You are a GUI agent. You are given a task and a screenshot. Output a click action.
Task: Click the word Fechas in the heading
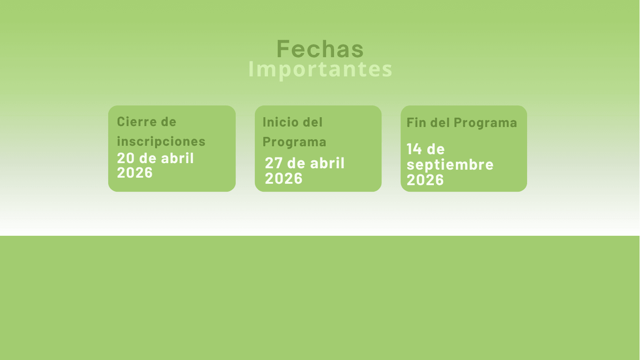(320, 49)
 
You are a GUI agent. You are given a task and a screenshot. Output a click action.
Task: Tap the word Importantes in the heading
(320, 70)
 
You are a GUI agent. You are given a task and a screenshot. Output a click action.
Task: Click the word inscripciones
(161, 141)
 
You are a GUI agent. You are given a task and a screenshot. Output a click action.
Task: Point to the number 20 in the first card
(126, 158)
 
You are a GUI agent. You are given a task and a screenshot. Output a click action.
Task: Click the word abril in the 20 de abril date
(178, 158)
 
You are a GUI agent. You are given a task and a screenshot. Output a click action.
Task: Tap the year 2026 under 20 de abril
(134, 172)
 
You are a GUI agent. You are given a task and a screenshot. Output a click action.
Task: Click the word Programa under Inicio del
(294, 142)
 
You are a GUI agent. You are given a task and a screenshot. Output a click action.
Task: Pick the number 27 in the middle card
(274, 163)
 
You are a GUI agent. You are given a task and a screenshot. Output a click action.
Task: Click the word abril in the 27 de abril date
(327, 163)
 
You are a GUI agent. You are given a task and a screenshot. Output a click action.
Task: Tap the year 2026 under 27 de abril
(283, 179)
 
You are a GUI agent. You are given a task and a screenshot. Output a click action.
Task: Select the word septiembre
(450, 165)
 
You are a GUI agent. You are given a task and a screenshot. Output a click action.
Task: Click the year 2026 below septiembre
(425, 180)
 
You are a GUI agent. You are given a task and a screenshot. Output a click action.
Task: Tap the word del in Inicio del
(313, 122)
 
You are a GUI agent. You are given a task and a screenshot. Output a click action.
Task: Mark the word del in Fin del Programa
(440, 122)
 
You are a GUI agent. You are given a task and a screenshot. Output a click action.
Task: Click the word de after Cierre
(169, 121)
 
